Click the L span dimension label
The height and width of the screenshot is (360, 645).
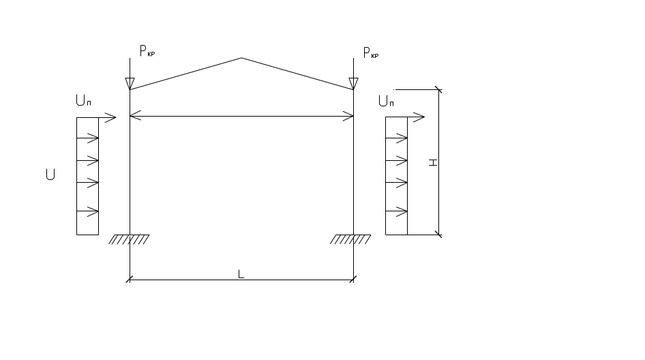(241, 274)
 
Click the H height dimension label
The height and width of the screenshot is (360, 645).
(432, 162)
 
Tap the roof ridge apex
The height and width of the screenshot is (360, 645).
(241, 59)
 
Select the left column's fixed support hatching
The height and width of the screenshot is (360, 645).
(130, 239)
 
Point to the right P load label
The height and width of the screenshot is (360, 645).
(371, 53)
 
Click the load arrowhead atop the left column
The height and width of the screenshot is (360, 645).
(130, 83)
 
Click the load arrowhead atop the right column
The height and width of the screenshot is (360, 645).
(353, 83)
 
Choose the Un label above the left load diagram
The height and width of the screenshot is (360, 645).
(84, 102)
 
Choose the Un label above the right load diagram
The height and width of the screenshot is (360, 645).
(386, 102)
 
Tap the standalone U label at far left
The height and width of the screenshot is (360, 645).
(50, 175)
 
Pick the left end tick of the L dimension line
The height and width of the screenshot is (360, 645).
(130, 280)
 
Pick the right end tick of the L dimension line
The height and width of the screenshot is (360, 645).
(353, 280)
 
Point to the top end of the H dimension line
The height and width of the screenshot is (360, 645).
(438, 89)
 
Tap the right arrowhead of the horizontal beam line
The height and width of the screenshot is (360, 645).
(348, 117)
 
